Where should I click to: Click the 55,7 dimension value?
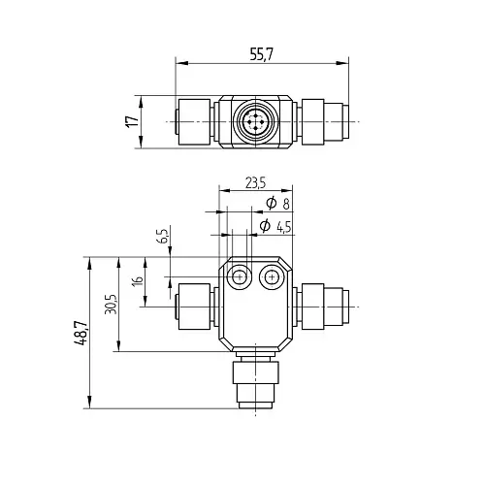click(262, 54)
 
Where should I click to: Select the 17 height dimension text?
click(132, 121)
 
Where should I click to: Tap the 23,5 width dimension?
click(255, 183)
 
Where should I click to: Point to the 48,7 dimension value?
click(81, 333)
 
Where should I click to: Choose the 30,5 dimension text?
click(111, 304)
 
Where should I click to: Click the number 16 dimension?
click(138, 280)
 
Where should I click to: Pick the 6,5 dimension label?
click(164, 236)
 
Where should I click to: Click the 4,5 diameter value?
click(284, 228)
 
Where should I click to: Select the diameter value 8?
click(286, 205)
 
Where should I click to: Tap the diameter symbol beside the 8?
click(272, 203)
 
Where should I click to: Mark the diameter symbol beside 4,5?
click(265, 225)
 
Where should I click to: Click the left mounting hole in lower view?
click(240, 277)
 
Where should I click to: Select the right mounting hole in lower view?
click(273, 277)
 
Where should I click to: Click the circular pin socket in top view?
click(255, 121)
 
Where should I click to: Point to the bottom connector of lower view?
click(255, 380)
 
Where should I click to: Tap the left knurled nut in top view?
click(194, 121)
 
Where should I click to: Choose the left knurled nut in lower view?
click(194, 307)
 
